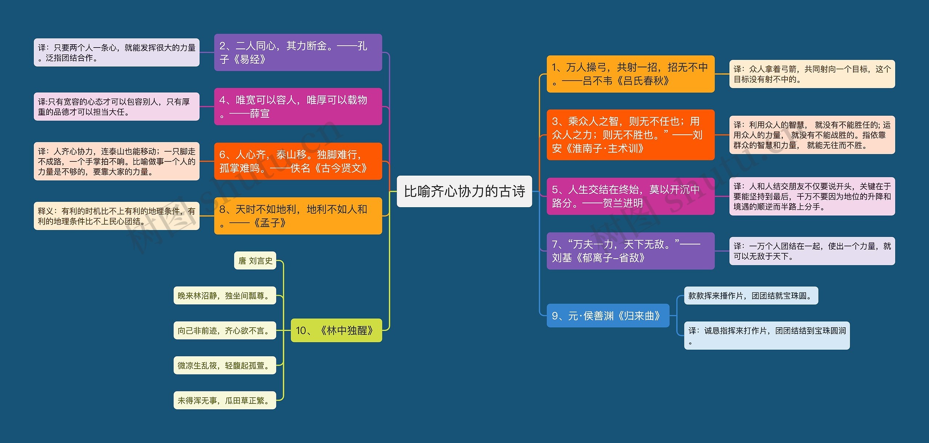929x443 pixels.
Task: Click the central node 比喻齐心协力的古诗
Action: tap(464, 191)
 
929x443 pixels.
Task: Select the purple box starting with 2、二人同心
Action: tap(298, 52)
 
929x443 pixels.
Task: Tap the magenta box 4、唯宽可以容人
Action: tap(298, 106)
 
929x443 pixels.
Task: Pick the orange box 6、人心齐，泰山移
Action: tap(298, 161)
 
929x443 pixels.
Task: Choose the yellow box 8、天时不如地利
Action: tap(298, 216)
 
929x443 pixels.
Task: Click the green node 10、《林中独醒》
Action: tap(336, 330)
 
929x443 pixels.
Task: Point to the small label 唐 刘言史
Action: tap(255, 261)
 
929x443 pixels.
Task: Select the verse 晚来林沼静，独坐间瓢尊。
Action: tap(225, 295)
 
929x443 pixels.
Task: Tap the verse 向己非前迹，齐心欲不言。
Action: tap(225, 330)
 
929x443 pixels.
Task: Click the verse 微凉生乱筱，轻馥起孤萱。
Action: tap(225, 365)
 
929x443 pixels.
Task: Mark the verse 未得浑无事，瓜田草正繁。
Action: tap(225, 400)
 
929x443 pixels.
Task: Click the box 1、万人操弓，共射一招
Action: tap(630, 74)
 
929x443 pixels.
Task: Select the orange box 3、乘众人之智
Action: tap(630, 135)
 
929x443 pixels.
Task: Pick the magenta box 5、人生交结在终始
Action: tap(630, 196)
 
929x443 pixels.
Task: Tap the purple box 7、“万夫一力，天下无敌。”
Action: tap(630, 251)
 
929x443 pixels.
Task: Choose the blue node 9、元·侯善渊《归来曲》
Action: tap(608, 316)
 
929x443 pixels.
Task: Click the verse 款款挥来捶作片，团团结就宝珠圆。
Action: tap(751, 295)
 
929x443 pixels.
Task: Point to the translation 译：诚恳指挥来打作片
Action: tap(766, 335)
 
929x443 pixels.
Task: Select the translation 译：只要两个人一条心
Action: tap(116, 52)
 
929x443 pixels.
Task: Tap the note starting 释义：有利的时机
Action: tap(116, 216)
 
